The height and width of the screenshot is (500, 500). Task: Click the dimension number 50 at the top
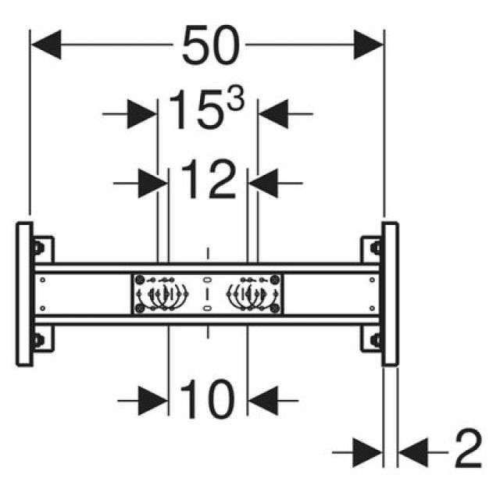point(210,46)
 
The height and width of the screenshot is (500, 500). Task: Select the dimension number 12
point(208,182)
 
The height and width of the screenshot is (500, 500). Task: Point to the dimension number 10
point(208,400)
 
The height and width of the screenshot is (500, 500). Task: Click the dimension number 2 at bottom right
point(467,451)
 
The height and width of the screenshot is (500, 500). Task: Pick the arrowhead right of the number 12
point(263,183)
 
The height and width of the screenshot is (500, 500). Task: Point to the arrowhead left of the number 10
point(154,400)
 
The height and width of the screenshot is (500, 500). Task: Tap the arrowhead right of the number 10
point(262,400)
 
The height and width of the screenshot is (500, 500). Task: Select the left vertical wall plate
point(24,294)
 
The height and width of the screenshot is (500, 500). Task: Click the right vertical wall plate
point(390,294)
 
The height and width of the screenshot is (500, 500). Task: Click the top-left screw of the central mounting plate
point(140,280)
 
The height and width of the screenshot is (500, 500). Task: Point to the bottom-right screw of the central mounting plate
point(275,309)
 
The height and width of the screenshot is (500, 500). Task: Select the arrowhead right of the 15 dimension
point(273,114)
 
